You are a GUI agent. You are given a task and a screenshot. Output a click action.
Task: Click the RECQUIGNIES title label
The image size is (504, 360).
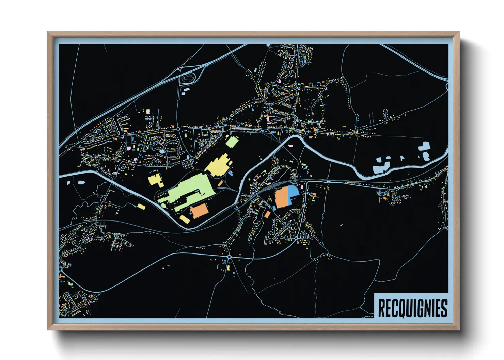click(412, 308)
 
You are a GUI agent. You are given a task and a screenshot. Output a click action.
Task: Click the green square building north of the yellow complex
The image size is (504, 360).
click(232, 142)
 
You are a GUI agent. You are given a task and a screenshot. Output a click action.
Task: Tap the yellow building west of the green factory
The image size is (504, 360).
click(155, 179)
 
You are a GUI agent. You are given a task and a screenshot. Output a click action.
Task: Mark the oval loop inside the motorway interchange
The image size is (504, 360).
click(187, 78)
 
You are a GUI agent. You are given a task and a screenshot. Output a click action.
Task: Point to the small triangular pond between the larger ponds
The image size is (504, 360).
click(402, 158)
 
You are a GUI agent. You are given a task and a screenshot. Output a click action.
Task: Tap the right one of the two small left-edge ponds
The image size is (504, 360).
click(81, 182)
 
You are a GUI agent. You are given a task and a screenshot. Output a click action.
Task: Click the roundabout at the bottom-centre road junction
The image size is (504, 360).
click(229, 257)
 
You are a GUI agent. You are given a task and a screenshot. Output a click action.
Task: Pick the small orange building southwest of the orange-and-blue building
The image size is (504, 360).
click(267, 214)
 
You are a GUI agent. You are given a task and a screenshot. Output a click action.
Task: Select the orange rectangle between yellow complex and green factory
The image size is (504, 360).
click(220, 184)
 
